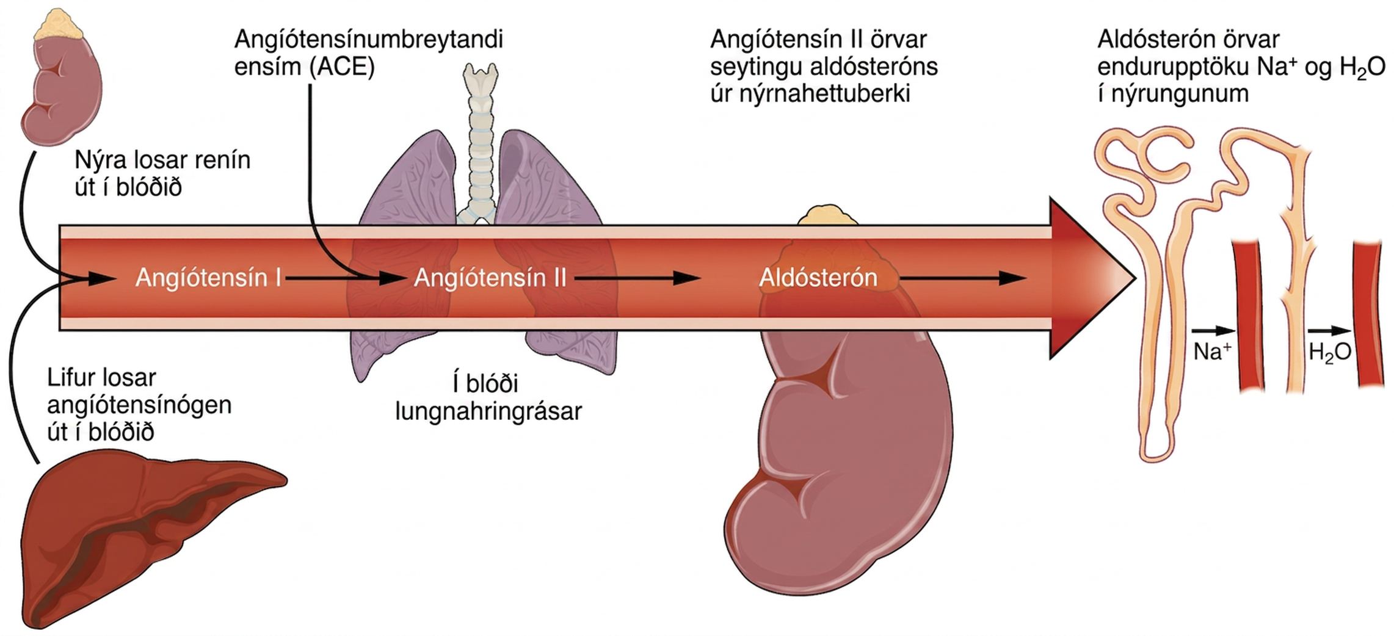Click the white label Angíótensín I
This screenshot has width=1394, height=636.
coord(208,278)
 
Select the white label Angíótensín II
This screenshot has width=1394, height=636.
coord(490,278)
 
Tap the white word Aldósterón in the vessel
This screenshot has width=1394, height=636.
coord(818,278)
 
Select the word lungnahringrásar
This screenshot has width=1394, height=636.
coord(488,411)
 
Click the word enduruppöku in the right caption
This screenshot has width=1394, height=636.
coord(1172,67)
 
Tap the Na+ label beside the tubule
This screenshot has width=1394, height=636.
coord(1212,352)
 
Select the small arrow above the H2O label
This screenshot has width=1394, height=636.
coord(1329,331)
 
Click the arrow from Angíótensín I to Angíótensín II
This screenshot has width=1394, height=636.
coord(346,278)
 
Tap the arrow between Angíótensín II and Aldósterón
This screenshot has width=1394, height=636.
coord(636,278)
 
